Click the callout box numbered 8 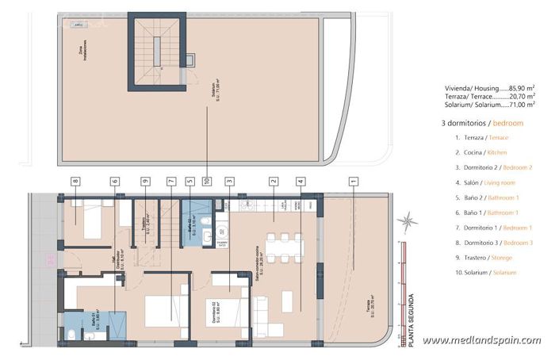pos(75,182)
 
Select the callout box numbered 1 pos(353,182)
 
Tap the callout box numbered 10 pos(208,182)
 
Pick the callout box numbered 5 pos(190,182)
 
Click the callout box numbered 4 pos(301,182)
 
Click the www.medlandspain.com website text pos(482,341)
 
